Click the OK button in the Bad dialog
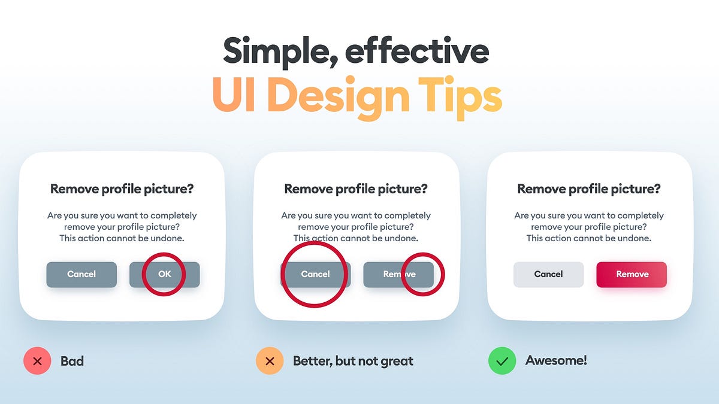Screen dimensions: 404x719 tap(164, 274)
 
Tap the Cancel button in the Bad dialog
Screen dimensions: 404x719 tap(81, 274)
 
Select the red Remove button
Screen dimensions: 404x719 tap(632, 274)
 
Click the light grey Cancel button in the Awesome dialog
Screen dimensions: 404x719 tap(548, 274)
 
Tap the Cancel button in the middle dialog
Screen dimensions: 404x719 tap(315, 274)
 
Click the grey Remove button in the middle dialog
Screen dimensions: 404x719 tap(398, 274)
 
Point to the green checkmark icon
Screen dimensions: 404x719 tap(502, 361)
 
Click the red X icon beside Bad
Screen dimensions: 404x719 tap(37, 361)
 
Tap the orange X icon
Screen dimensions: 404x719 tap(270, 361)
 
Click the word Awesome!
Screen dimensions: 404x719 tap(556, 361)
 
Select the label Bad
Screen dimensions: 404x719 tap(72, 361)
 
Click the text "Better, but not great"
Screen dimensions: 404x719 tap(353, 361)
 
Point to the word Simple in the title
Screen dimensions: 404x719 tap(272, 51)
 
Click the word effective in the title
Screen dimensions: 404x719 tap(417, 51)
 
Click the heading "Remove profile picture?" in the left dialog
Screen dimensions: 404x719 tap(122, 189)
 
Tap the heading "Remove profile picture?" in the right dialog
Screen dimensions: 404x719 tap(589, 189)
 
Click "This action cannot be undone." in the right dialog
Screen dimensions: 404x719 tap(589, 238)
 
